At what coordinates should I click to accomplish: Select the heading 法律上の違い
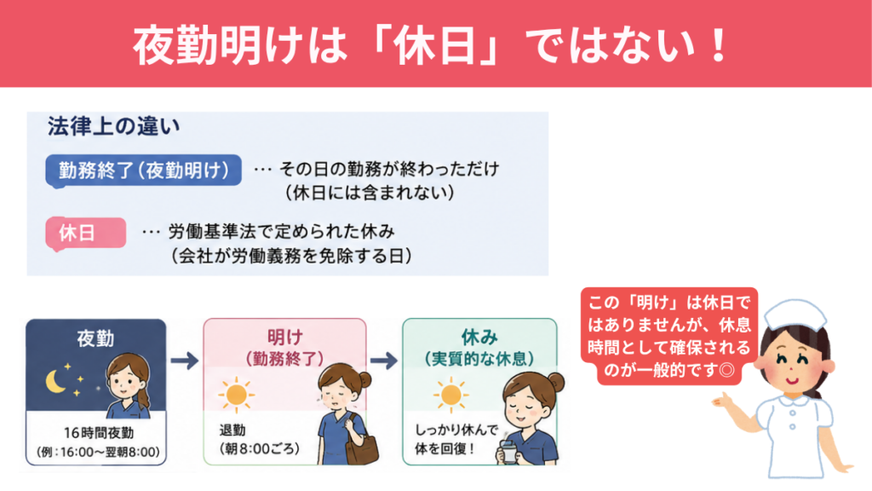pyautogui.click(x=113, y=126)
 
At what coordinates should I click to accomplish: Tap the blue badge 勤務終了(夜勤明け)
pyautogui.click(x=143, y=170)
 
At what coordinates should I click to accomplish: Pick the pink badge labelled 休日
pyautogui.click(x=86, y=234)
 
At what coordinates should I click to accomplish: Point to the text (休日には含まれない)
pyautogui.click(x=370, y=193)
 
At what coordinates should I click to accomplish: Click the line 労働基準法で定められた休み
pyautogui.click(x=281, y=231)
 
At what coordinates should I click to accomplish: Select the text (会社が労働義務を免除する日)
pyautogui.click(x=291, y=256)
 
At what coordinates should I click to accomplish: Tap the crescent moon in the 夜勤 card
pyautogui.click(x=55, y=382)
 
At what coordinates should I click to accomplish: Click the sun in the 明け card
pyautogui.click(x=237, y=394)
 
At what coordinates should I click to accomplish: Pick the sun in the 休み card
pyautogui.click(x=450, y=394)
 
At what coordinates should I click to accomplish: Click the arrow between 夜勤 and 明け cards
pyautogui.click(x=185, y=361)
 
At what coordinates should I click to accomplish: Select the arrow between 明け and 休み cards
pyautogui.click(x=384, y=361)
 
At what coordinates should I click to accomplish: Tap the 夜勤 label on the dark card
pyautogui.click(x=95, y=338)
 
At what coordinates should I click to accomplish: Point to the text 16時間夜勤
pyautogui.click(x=99, y=432)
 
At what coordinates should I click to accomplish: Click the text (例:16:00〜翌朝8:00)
pyautogui.click(x=99, y=452)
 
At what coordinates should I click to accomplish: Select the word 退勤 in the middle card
pyautogui.click(x=232, y=430)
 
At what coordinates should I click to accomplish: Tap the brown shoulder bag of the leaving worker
pyautogui.click(x=362, y=445)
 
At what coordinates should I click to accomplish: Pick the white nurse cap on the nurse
pyautogui.click(x=795, y=315)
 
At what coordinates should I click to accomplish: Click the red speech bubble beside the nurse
pyautogui.click(x=669, y=336)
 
